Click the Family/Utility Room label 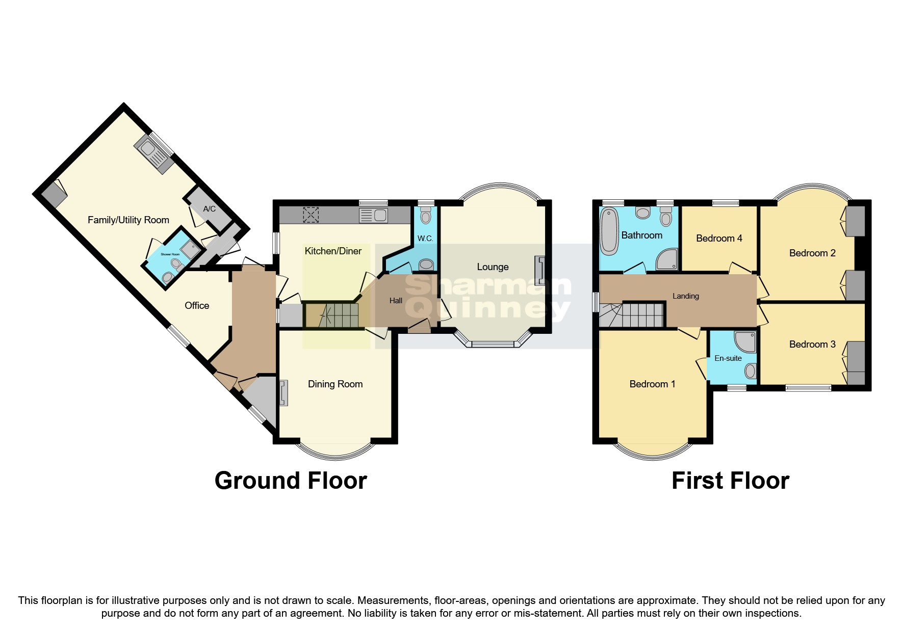[128, 220]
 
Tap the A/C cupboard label [209, 209]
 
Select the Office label [197, 305]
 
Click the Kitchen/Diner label [333, 251]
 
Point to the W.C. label [425, 239]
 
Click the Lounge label [493, 267]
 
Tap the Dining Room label [335, 384]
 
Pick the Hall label [396, 301]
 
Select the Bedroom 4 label [719, 239]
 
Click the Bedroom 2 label [812, 253]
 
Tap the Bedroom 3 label [812, 345]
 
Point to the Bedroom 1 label [652, 384]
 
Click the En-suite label [728, 358]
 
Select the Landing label [686, 296]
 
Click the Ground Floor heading [291, 481]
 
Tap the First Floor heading [730, 481]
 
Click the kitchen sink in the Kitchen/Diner [374, 215]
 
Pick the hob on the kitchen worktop [311, 215]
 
